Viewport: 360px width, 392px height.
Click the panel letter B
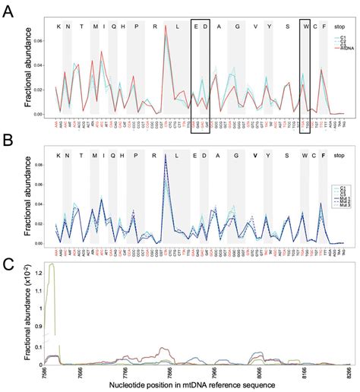8,138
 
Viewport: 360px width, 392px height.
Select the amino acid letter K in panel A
58,27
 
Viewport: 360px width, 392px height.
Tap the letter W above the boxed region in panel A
305,27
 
